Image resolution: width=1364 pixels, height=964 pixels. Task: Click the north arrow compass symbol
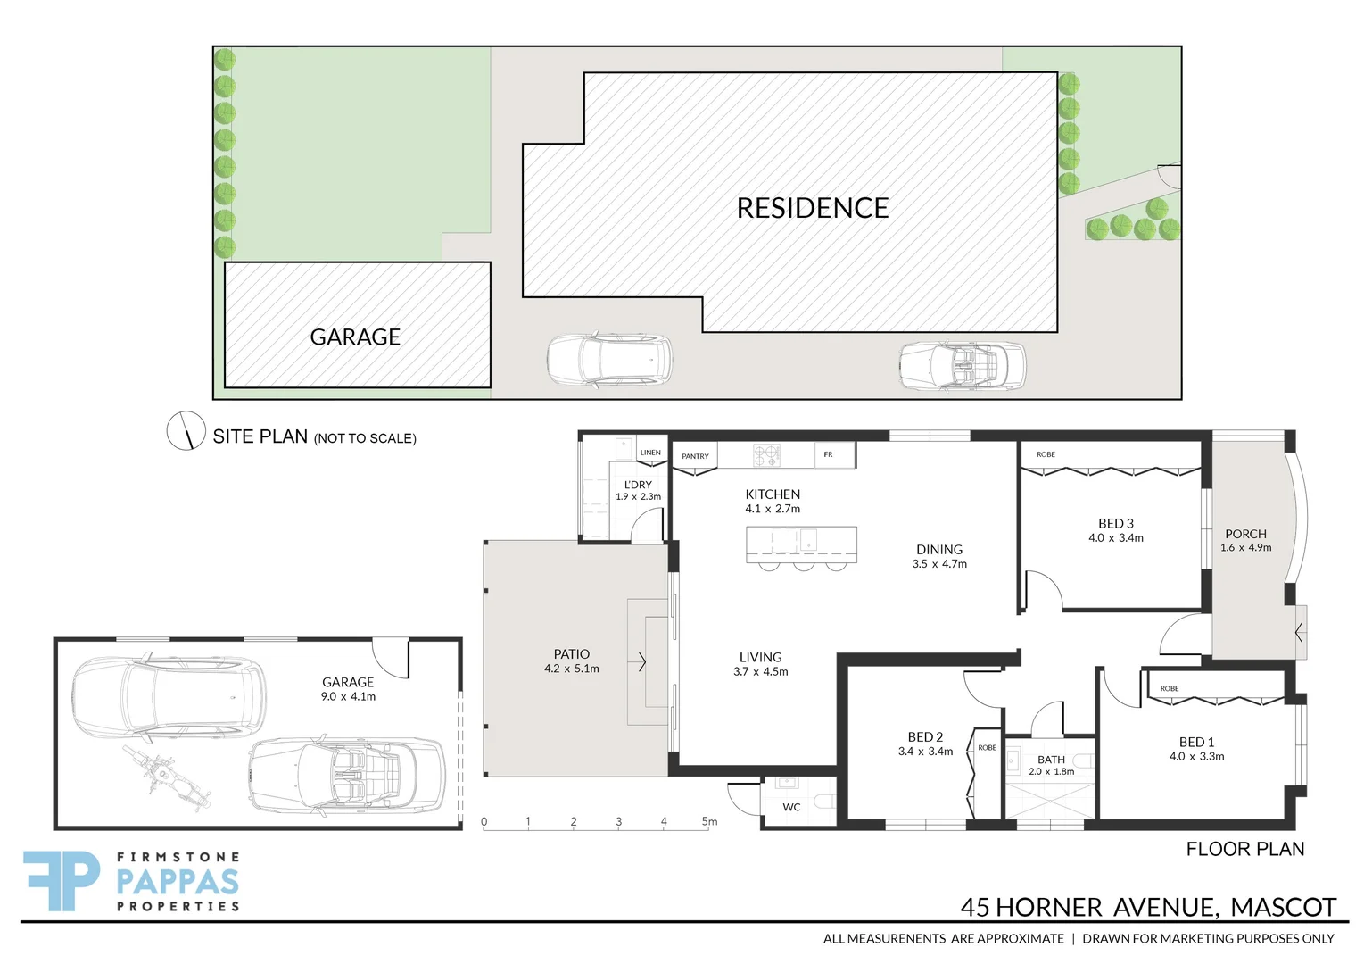click(x=186, y=431)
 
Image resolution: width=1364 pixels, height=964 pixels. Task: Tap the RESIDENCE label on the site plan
click(x=812, y=208)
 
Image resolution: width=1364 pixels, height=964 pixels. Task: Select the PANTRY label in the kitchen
click(x=695, y=456)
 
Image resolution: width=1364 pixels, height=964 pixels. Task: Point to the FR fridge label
click(x=828, y=454)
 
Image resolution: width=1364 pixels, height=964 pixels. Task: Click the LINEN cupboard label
click(x=650, y=453)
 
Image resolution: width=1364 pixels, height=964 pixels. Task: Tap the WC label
click(x=791, y=807)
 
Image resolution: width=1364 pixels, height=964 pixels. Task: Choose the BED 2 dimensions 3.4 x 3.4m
click(x=925, y=752)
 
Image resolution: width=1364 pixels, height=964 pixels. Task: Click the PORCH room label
click(x=1245, y=534)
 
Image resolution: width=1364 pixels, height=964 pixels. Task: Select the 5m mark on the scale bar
click(x=709, y=821)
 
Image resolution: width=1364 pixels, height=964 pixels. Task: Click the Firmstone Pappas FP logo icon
click(x=62, y=880)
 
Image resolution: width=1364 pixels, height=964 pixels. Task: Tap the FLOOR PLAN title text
click(x=1244, y=849)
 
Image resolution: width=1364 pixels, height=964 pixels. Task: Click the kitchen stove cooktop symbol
click(x=766, y=455)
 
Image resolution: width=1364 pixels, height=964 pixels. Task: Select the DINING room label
click(x=939, y=550)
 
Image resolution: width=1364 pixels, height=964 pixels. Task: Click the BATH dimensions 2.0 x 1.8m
click(x=1051, y=771)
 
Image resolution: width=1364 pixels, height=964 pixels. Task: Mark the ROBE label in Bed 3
click(x=1046, y=454)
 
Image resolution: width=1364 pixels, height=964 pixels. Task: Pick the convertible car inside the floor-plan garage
click(x=346, y=776)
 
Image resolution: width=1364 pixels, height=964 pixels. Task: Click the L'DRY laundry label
click(x=638, y=485)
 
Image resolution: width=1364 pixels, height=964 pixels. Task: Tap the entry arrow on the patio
click(x=641, y=662)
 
